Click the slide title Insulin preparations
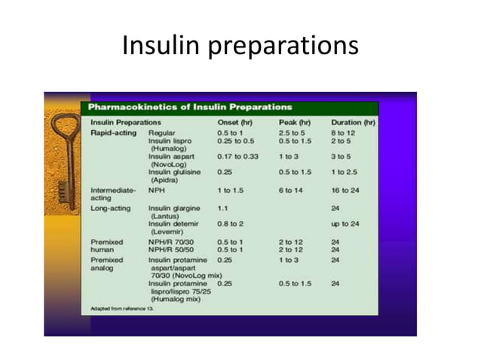(240, 47)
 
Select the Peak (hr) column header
(294, 122)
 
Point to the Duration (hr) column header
(353, 122)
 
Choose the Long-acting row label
(111, 206)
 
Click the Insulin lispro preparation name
(170, 140)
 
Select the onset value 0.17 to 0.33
(237, 156)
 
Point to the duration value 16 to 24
(345, 191)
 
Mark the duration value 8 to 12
(343, 132)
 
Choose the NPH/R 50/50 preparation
(171, 249)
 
